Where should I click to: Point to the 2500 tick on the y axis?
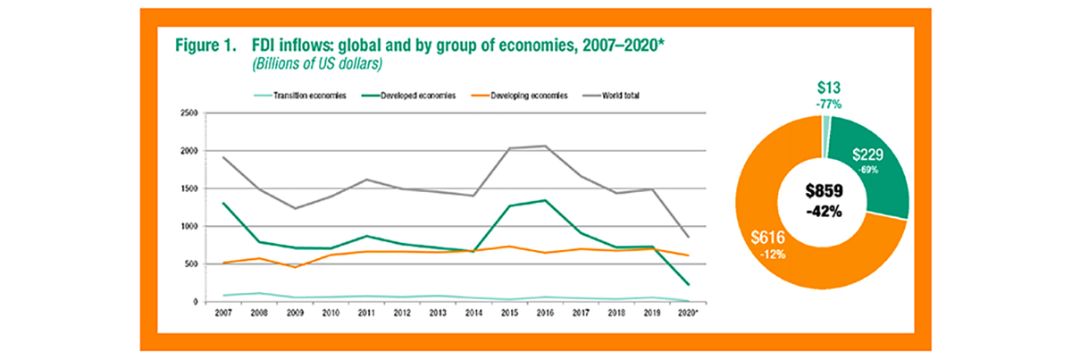coord(188,113)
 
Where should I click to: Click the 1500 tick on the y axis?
coord(188,188)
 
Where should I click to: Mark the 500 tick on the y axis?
coord(189,264)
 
